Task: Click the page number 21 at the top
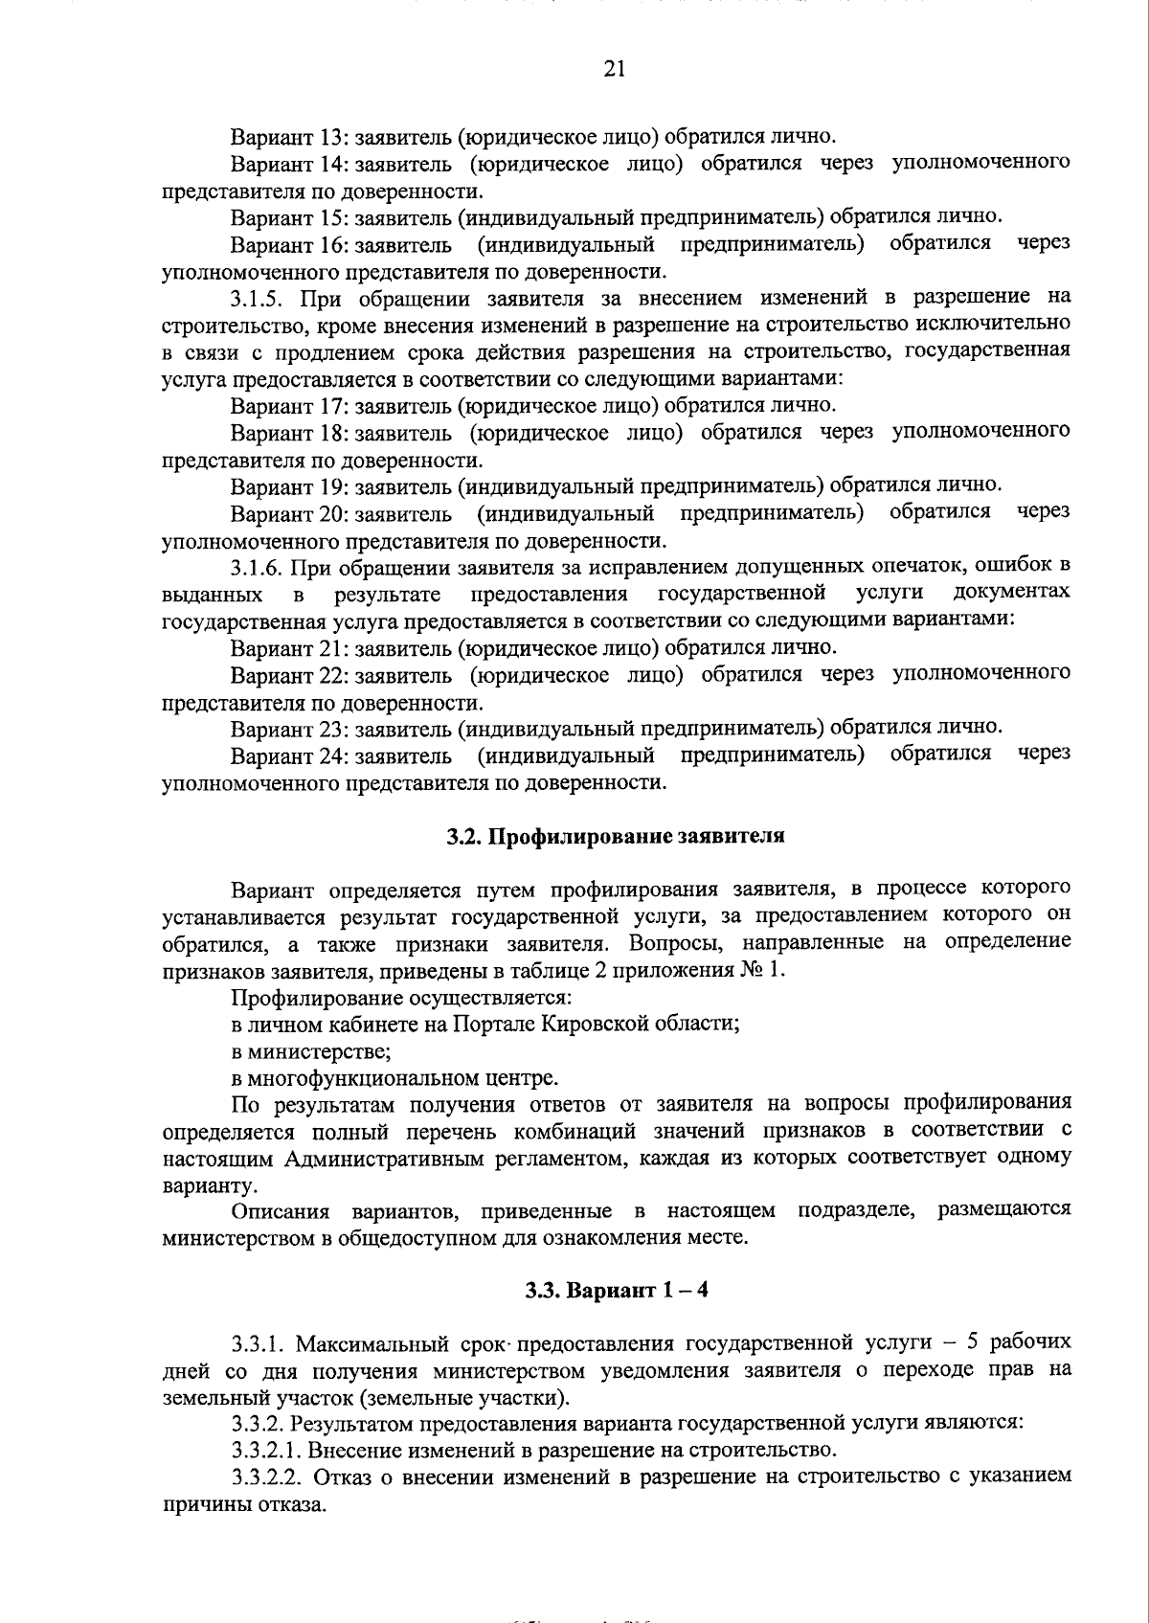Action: (615, 68)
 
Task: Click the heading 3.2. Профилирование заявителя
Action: (616, 836)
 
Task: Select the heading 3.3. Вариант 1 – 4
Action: (616, 1290)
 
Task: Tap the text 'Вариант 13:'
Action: (288, 136)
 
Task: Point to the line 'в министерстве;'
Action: (300, 1051)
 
